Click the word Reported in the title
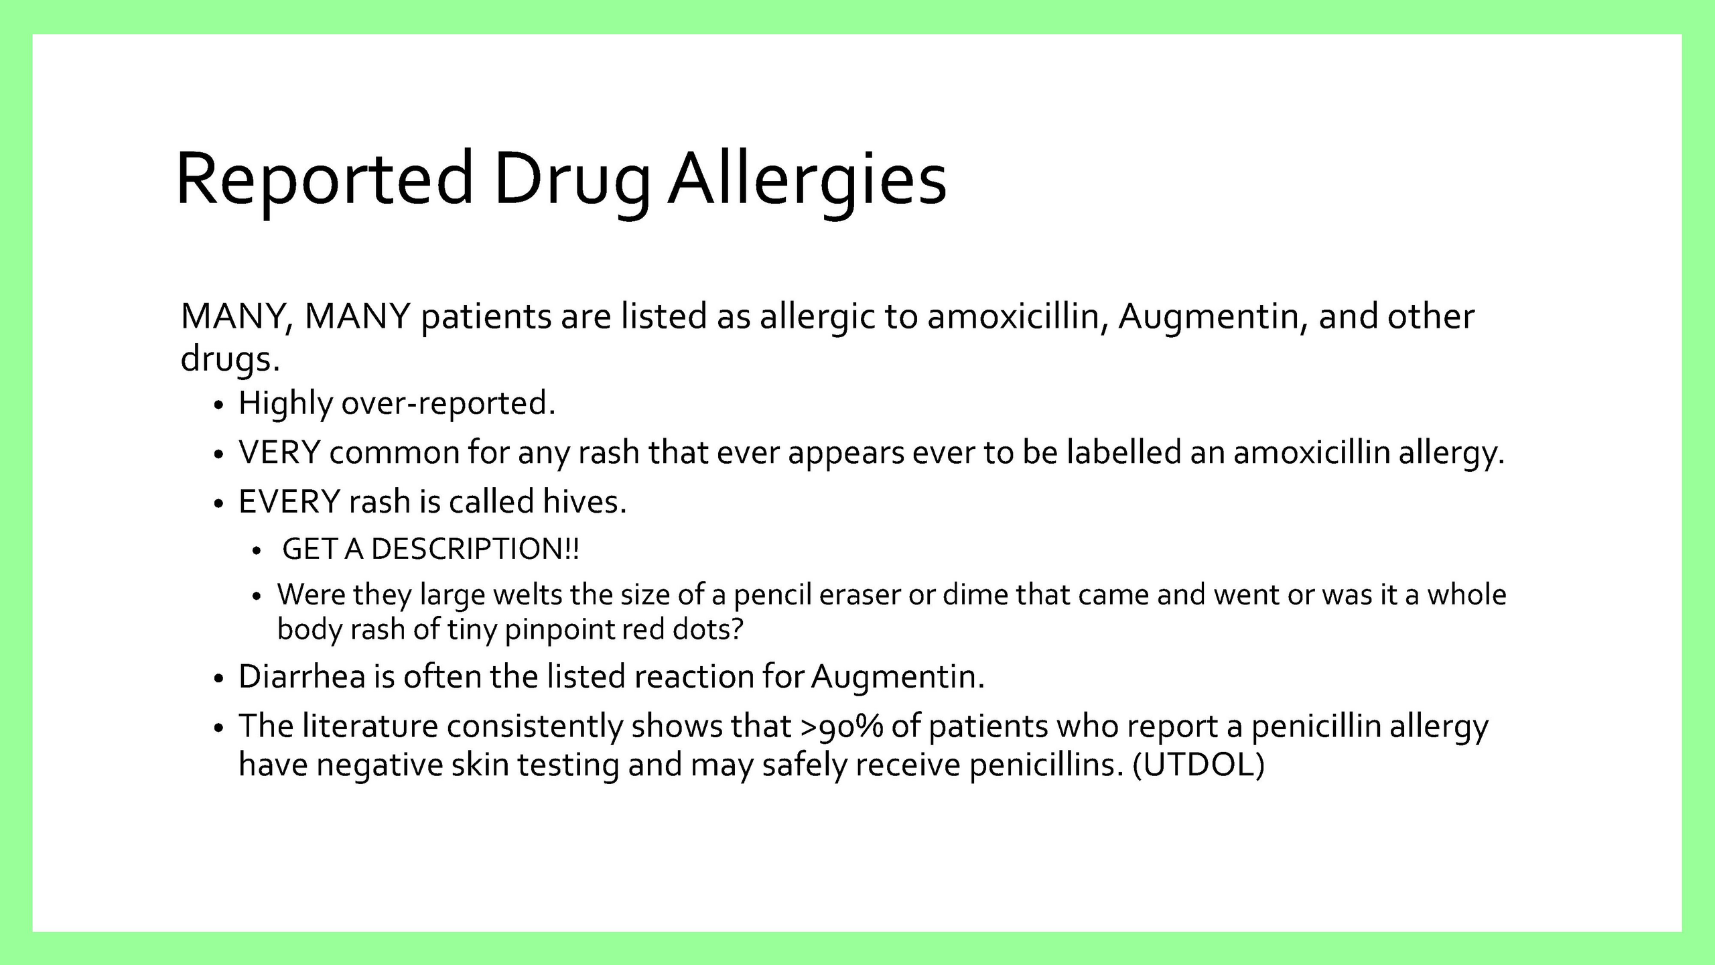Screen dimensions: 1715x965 pos(325,180)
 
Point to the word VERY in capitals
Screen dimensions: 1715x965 pos(279,452)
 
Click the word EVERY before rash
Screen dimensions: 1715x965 pos(289,502)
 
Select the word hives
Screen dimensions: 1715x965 pos(584,501)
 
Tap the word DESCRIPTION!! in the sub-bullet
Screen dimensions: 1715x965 pos(475,549)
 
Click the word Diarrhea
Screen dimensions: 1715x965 pos(301,676)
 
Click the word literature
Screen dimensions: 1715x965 pos(370,726)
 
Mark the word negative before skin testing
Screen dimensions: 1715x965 pos(380,765)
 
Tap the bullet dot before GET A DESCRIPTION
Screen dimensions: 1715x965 pos(256,552)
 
